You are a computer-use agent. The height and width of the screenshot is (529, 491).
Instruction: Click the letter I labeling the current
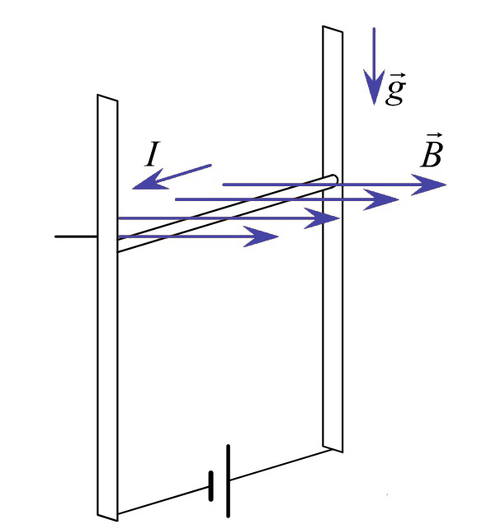point(153,155)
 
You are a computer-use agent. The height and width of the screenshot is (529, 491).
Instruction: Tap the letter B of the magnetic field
point(432,155)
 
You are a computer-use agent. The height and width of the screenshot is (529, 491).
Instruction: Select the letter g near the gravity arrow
point(395,92)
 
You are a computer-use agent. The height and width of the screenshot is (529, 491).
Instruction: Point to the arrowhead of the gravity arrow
point(374,87)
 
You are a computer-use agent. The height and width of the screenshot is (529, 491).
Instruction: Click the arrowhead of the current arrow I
point(149,180)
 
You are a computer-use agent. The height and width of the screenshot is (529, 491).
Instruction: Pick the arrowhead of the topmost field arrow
point(428,185)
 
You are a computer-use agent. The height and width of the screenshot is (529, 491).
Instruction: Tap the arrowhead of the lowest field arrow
point(261,236)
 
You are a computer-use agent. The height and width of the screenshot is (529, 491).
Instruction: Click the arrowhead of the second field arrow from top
point(381,199)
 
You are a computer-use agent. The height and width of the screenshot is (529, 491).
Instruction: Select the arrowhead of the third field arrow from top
point(322,218)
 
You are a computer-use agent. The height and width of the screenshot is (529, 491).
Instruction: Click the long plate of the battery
point(229,480)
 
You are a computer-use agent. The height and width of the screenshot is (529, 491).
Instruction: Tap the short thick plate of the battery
point(211,485)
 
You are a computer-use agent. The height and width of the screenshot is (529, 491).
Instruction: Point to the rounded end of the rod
point(333,180)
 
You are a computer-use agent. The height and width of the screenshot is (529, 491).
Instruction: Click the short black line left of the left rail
point(76,236)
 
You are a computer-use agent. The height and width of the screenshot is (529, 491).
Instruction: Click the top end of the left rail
point(107,97)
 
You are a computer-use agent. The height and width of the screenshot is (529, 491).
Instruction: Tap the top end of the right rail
point(333,29)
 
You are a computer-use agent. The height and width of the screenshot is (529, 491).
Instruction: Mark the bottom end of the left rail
point(107,517)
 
